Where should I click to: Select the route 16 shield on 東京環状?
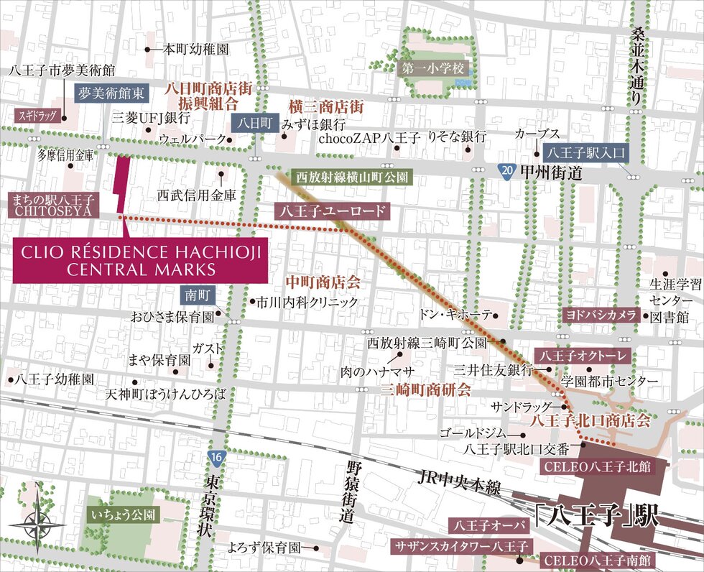tap(216, 457)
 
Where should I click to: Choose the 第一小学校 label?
tap(434, 69)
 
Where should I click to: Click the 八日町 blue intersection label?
tap(256, 123)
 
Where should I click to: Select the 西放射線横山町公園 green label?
tap(353, 176)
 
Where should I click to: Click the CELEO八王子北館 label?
tap(597, 467)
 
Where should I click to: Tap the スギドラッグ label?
tap(37, 115)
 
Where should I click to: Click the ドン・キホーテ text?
tap(456, 315)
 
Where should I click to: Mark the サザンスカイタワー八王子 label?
tap(460, 547)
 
